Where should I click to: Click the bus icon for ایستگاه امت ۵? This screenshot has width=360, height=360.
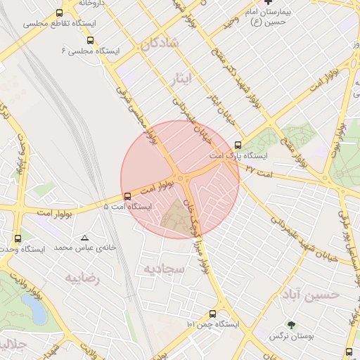127,196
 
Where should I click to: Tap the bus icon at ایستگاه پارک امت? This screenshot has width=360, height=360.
239,145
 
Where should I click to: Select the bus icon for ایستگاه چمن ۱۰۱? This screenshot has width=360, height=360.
212,314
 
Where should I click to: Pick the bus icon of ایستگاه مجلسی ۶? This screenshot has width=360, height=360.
99,41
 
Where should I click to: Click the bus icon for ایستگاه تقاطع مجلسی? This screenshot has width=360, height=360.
58,13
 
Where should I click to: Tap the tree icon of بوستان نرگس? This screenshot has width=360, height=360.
291,325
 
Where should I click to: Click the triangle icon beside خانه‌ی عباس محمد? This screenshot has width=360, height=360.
85,238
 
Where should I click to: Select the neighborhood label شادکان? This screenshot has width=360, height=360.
160,44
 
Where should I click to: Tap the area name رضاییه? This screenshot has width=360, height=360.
83,278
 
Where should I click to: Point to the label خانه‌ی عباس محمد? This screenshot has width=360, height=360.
65,248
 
